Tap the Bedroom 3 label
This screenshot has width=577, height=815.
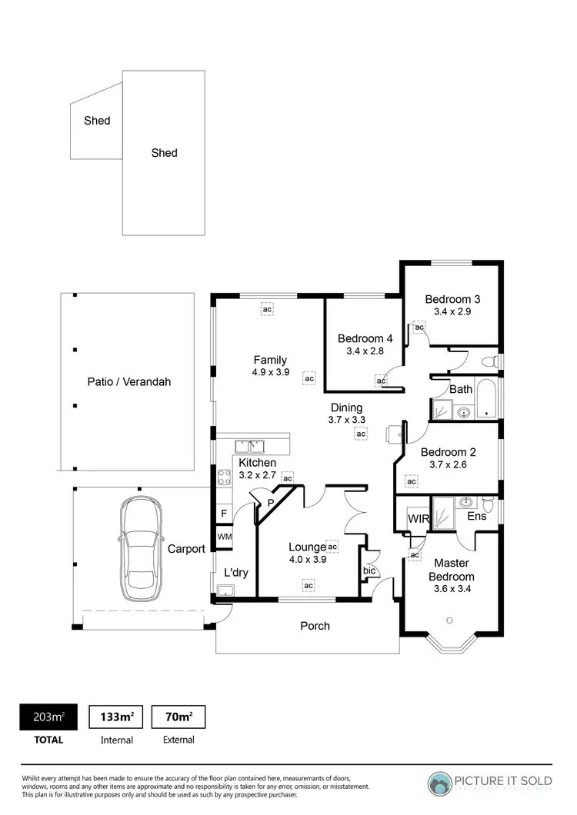pyautogui.click(x=452, y=299)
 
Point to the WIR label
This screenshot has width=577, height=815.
pyautogui.click(x=419, y=519)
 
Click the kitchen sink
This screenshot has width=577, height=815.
pyautogui.click(x=250, y=445)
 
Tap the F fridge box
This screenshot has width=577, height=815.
pyautogui.click(x=223, y=513)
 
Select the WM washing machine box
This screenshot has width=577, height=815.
pyautogui.click(x=224, y=537)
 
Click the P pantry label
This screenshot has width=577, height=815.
pyautogui.click(x=270, y=504)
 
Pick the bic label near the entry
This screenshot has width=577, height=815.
pyautogui.click(x=369, y=570)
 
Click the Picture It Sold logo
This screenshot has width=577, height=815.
pyautogui.click(x=491, y=782)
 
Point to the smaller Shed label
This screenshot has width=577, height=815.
pyautogui.click(x=97, y=120)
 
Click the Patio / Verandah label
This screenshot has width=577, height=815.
pyautogui.click(x=128, y=381)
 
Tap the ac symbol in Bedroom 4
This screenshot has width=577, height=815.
pyautogui.click(x=381, y=380)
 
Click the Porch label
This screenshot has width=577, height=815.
pyautogui.click(x=315, y=626)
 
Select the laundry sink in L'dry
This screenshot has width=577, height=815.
pyautogui.click(x=225, y=590)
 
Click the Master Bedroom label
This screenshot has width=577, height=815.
pyautogui.click(x=452, y=570)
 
